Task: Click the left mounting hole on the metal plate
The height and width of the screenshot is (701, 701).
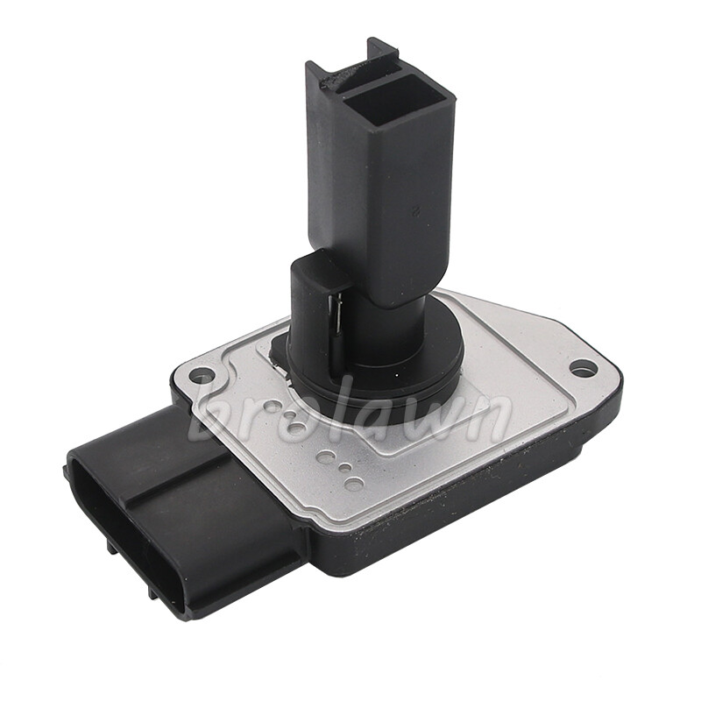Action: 198,374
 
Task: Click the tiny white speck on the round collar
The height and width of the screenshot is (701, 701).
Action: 397,375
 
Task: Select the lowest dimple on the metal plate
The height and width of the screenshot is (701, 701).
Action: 355,484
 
